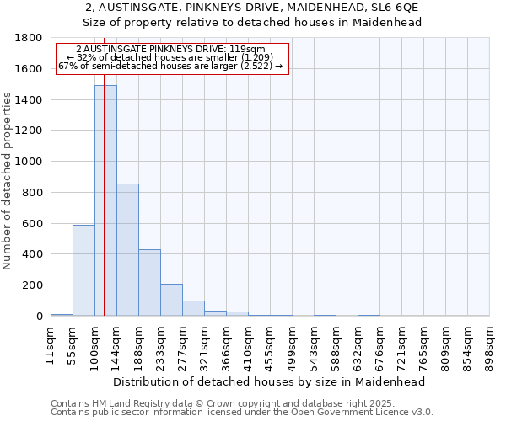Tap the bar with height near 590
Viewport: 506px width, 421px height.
(83, 270)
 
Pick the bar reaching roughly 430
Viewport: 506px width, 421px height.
(149, 282)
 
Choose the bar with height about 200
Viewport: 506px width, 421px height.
(171, 300)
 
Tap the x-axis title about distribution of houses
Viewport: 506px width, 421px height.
(269, 381)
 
